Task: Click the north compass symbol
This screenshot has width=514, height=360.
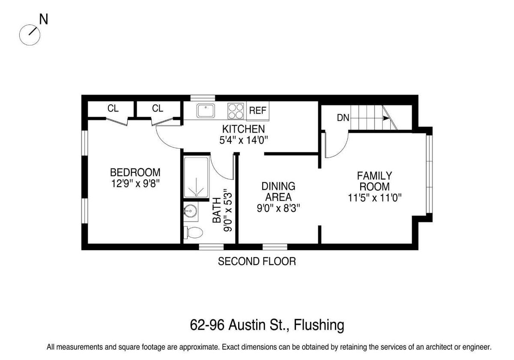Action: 30,35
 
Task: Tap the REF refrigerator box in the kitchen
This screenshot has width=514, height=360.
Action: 258,111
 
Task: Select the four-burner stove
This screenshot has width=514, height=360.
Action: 236,111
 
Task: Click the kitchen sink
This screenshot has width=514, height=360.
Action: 206,111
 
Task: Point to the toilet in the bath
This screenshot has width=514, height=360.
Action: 193,233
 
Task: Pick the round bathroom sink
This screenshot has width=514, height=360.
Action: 190,211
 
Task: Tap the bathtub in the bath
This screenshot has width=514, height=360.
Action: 197,177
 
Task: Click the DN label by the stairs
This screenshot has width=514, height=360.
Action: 343,118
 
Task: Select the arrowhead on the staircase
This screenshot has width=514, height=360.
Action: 386,118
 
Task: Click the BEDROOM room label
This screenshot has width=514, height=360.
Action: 135,172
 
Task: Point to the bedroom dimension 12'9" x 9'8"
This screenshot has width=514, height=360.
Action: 135,183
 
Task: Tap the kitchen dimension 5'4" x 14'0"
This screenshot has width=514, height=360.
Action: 244,140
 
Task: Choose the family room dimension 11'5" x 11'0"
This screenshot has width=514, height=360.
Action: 375,198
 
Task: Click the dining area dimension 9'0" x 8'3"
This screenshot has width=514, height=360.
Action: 278,208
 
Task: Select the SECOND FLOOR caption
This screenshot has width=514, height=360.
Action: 257,261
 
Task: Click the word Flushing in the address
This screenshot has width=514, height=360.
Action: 319,325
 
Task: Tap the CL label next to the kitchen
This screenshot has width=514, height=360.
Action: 158,108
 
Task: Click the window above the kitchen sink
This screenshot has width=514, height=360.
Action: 203,98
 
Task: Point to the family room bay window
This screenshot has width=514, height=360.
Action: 429,174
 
